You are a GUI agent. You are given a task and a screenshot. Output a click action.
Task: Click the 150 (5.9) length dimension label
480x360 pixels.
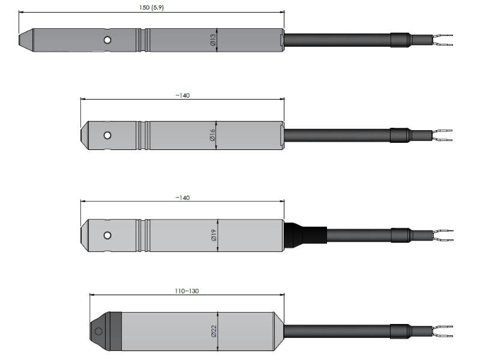[x=152, y=7]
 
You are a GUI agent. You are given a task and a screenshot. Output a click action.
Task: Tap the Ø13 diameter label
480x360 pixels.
[x=213, y=40]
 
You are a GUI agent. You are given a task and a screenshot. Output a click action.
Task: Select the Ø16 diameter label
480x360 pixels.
[x=212, y=135]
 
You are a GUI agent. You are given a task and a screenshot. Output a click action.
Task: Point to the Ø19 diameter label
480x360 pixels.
[x=214, y=235]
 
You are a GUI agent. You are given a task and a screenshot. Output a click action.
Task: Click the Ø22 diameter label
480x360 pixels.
[x=214, y=331]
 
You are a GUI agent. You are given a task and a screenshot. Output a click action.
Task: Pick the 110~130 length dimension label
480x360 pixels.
[x=187, y=291]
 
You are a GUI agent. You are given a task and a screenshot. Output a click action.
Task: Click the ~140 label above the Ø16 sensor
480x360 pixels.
[x=182, y=95]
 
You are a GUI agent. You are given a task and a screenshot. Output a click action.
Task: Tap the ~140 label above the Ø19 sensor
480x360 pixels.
[x=182, y=198]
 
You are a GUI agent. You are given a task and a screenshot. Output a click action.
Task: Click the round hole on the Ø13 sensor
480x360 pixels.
[x=107, y=40]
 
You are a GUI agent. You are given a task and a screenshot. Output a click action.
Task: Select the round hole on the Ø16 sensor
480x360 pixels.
[x=107, y=135]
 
